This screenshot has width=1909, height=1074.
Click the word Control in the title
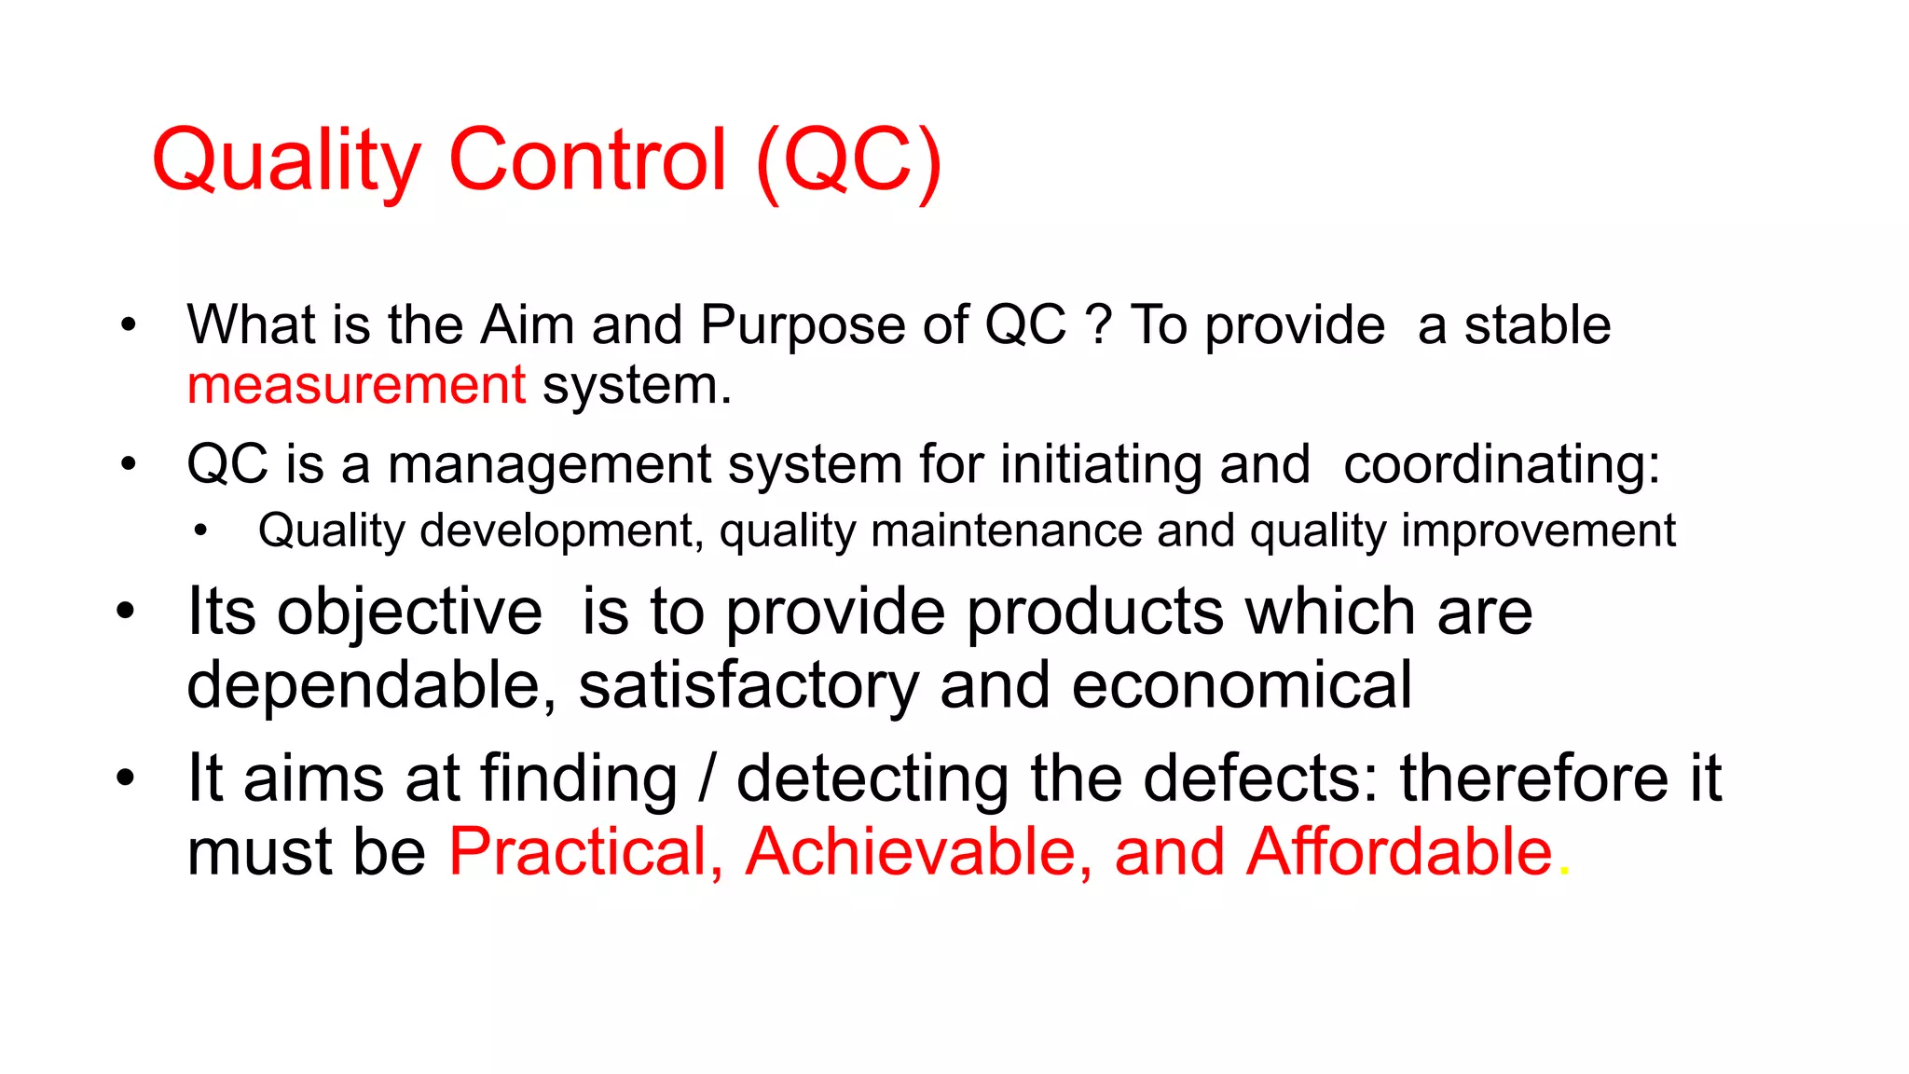587,160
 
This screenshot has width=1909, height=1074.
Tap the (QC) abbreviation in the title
849,160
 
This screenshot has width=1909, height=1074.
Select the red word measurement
356,385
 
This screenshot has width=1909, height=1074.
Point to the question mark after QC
1099,325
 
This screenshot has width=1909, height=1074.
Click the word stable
1537,325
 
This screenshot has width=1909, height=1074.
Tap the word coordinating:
1502,464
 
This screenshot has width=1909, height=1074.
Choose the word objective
410,613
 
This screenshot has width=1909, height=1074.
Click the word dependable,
371,685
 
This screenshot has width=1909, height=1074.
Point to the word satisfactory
748,685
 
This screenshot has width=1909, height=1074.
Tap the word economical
1242,685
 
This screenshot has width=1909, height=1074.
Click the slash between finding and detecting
707,778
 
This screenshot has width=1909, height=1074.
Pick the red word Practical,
585,851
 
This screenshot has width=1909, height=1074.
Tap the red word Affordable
1399,851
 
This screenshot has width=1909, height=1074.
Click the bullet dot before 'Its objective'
126,613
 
